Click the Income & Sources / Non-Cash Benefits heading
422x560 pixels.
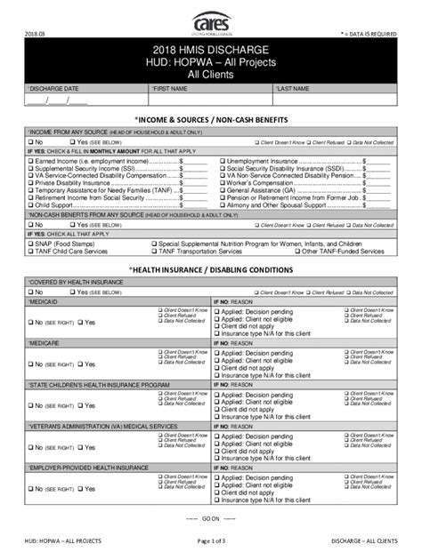pyautogui.click(x=211, y=117)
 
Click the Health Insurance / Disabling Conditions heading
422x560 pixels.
pyautogui.click(x=211, y=268)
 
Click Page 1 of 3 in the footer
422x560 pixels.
pyautogui.click(x=210, y=541)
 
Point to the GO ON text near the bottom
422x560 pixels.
pyautogui.click(x=210, y=515)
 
